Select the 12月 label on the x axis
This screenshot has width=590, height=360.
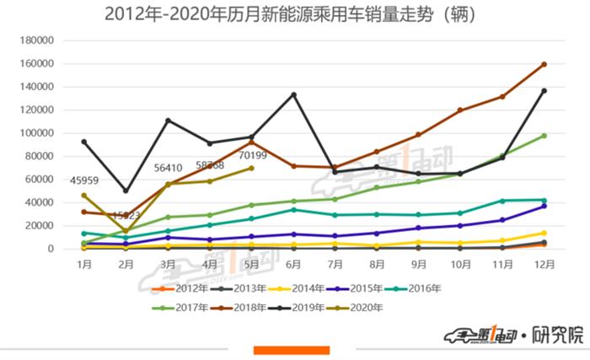(544, 264)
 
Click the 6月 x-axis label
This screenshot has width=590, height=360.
(293, 264)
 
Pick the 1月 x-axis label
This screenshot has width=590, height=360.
(83, 264)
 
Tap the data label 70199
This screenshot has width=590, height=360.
(251, 155)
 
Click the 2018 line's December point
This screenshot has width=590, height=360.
(544, 64)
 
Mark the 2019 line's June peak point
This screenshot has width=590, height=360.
(293, 94)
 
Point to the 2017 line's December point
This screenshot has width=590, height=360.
(544, 136)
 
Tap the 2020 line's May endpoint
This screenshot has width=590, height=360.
(251, 168)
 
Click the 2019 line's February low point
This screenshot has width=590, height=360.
(126, 191)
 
